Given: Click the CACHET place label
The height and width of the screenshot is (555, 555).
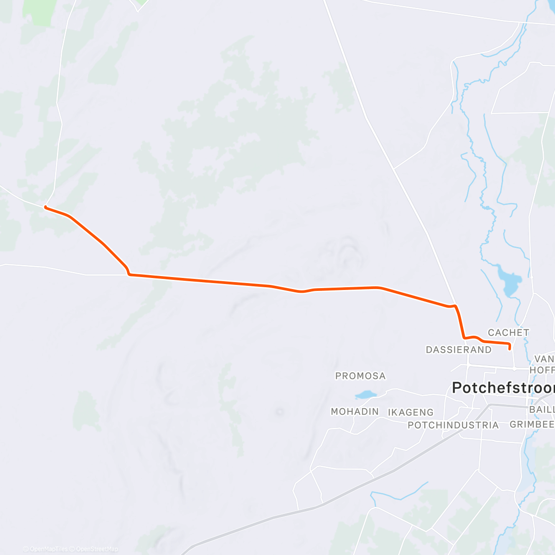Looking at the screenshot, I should (508, 333).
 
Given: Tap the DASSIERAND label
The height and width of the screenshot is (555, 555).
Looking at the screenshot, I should (458, 350).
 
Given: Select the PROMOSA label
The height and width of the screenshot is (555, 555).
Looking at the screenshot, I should (360, 376).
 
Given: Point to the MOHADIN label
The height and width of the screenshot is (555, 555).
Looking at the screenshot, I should (355, 411).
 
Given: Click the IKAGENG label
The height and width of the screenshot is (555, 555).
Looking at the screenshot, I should (411, 412).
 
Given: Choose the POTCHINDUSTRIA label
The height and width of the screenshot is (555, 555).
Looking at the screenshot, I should (453, 425).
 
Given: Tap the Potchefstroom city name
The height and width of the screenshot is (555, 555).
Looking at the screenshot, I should (503, 388).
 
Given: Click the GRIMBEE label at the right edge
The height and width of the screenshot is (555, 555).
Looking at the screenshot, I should (532, 424).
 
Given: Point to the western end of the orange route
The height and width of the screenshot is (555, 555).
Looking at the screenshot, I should (45, 207).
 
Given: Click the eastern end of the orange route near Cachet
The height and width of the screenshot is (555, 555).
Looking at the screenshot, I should (510, 349).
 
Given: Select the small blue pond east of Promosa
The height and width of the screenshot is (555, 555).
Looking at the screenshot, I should (366, 395).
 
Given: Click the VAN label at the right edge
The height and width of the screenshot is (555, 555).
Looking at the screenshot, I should (544, 359).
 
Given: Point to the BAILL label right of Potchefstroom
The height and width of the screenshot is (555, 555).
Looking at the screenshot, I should (542, 410).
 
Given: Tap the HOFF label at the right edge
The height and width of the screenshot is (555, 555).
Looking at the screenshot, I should (542, 370).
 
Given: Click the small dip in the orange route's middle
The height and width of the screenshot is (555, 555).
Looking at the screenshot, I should (301, 291).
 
